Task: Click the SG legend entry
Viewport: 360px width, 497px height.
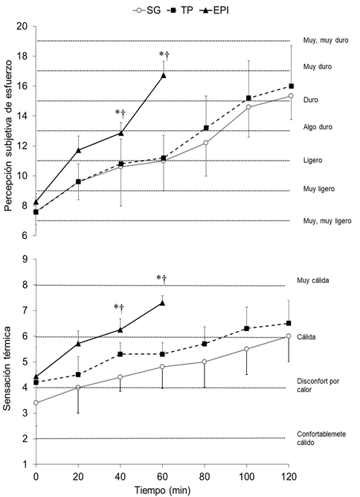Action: (147, 10)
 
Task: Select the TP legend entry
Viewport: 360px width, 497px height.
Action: (180, 10)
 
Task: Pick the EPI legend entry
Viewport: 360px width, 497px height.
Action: (214, 10)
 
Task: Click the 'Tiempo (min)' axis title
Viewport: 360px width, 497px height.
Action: (162, 490)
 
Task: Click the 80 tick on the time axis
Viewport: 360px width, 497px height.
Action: (205, 476)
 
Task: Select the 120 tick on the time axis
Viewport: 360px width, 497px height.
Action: (289, 476)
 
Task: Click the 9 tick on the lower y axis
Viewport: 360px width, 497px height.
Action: (26, 260)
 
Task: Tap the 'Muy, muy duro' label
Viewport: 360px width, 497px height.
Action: (326, 41)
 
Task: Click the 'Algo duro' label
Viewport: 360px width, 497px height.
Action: (318, 127)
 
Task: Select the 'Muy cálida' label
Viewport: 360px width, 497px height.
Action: (313, 280)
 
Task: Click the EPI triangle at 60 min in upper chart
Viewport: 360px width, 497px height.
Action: (164, 75)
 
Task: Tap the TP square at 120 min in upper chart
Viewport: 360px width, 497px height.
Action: (292, 86)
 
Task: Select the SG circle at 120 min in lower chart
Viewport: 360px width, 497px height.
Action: (289, 336)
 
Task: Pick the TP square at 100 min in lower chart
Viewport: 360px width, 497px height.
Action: (246, 328)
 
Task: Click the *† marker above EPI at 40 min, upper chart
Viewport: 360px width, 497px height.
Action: (120, 112)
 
